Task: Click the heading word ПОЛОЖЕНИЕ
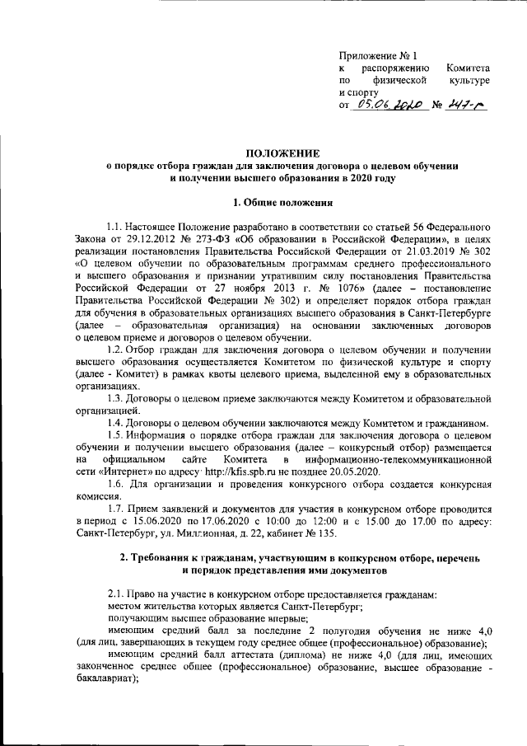pos(286,152)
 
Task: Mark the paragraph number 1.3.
pos(119,398)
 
